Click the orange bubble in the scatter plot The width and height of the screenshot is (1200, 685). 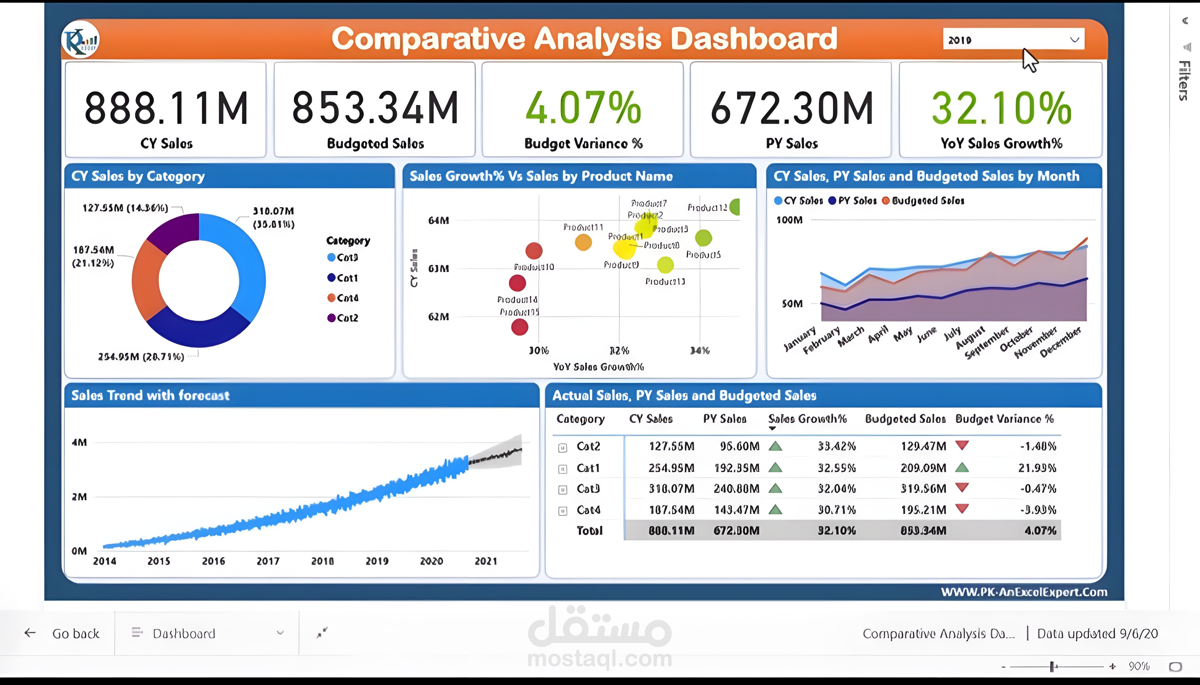tap(583, 242)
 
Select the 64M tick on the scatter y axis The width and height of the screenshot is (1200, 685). tap(438, 220)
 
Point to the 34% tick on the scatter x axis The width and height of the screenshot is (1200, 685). tap(700, 350)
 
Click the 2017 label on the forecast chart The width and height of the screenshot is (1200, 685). tap(268, 561)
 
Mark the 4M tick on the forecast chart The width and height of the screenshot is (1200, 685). tap(79, 442)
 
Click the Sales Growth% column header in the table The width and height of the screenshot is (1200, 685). tap(807, 419)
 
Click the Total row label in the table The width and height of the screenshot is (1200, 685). tap(589, 531)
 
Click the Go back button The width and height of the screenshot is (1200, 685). tap(63, 633)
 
